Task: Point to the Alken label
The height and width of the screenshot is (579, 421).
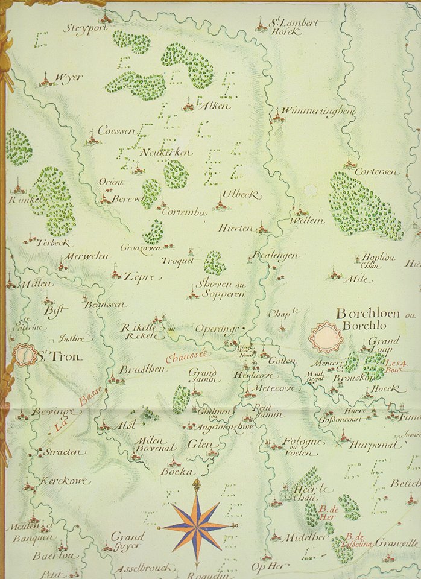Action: tap(214, 106)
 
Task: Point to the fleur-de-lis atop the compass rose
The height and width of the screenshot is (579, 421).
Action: tap(196, 485)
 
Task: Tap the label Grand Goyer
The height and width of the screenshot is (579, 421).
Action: tap(127, 540)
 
